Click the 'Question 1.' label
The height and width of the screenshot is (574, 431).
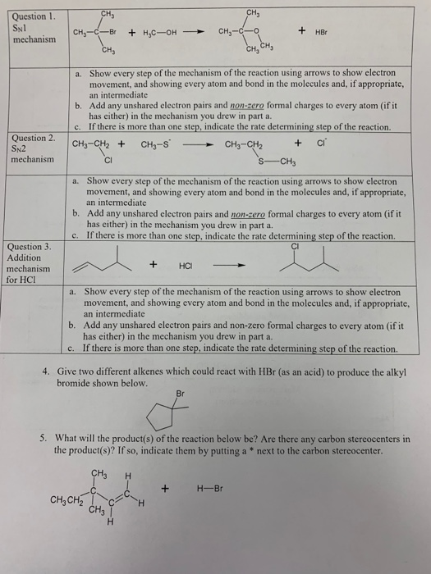(29, 16)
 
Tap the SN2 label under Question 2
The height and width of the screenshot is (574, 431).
(19, 150)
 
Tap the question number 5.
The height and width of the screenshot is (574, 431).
(47, 439)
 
